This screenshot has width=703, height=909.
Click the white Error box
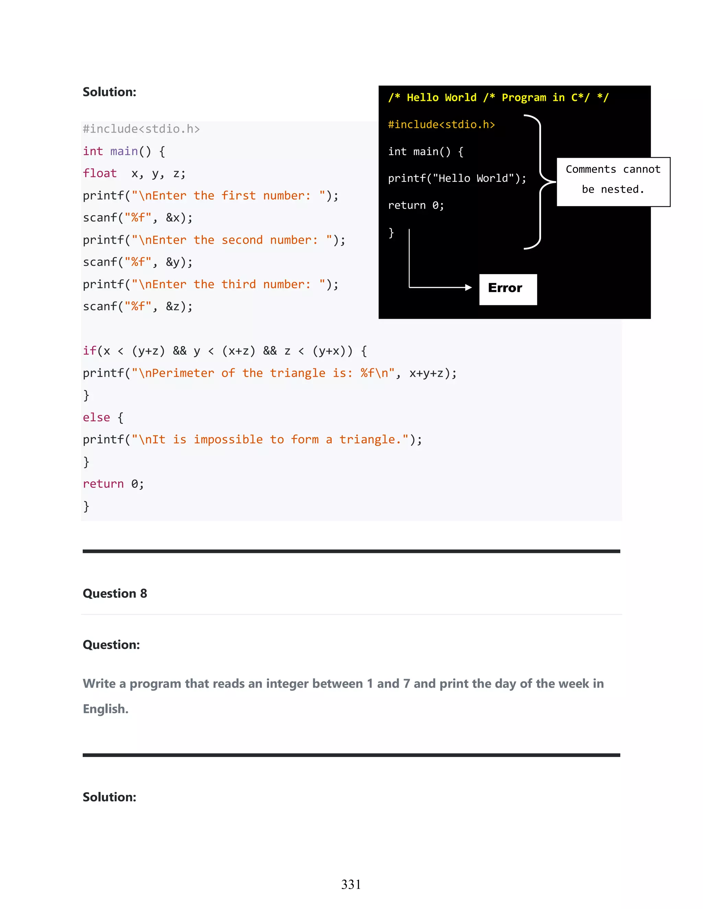(x=508, y=289)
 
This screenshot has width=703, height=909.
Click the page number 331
(x=351, y=884)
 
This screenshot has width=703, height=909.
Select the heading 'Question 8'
(x=115, y=593)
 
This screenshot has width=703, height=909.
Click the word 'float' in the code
(x=100, y=173)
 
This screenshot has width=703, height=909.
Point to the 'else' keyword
(x=96, y=417)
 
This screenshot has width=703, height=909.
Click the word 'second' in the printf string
(x=242, y=240)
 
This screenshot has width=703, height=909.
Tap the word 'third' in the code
(x=239, y=284)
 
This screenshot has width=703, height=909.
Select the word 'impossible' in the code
(x=228, y=439)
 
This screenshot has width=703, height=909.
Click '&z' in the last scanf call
(x=173, y=306)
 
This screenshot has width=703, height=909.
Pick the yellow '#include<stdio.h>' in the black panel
(x=441, y=125)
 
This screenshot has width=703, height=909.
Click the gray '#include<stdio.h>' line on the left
(x=141, y=129)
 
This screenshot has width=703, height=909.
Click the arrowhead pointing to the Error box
(x=469, y=287)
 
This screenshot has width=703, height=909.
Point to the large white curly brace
(x=540, y=182)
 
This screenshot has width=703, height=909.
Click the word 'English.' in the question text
(x=106, y=708)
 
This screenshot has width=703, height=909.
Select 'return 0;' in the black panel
(x=416, y=205)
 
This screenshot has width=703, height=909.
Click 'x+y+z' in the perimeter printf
(x=426, y=373)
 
